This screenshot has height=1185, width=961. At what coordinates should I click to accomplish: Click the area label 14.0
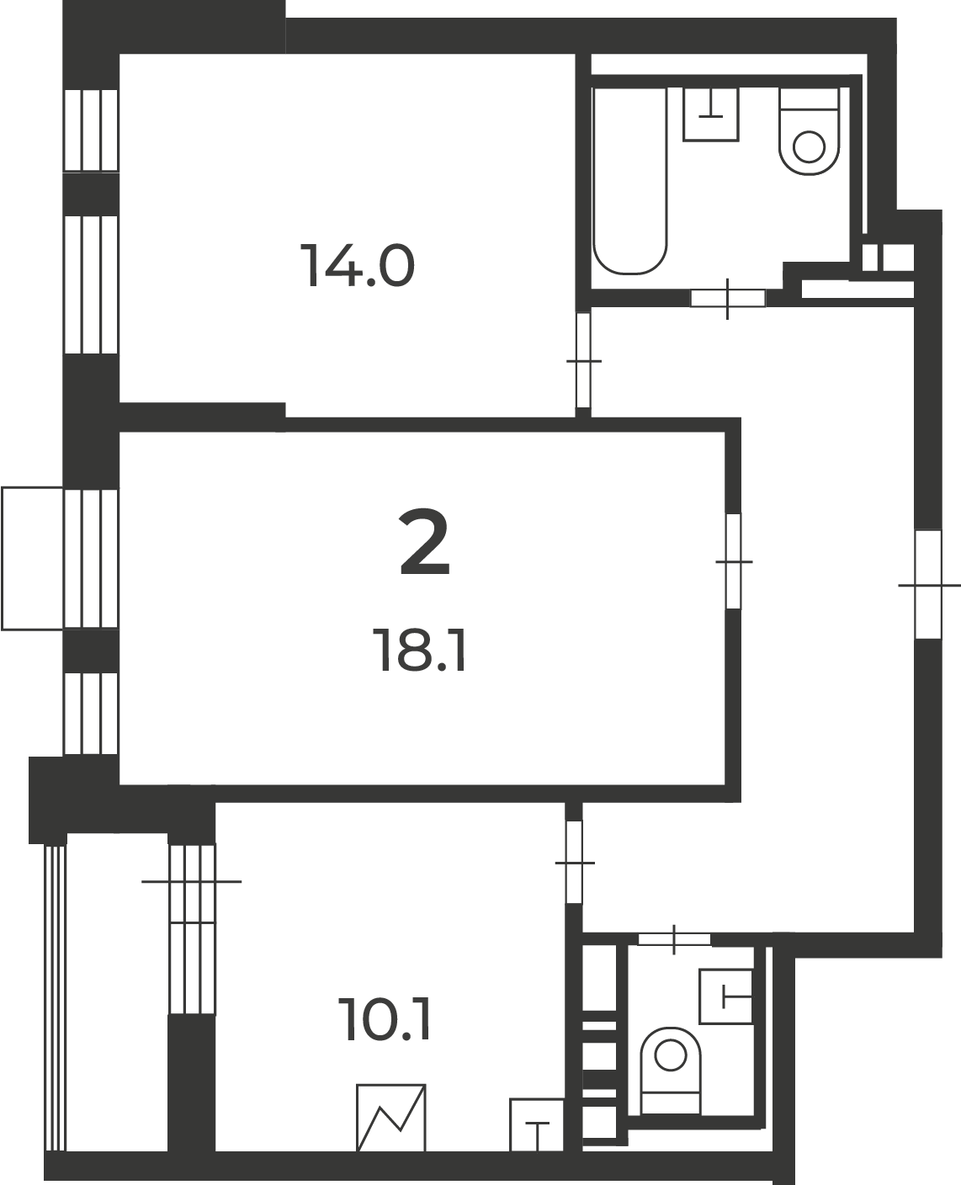click(357, 266)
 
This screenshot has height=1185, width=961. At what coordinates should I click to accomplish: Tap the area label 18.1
click(421, 651)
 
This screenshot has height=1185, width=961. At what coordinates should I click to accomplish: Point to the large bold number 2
click(424, 542)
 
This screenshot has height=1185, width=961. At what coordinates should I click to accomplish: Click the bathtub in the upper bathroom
click(630, 181)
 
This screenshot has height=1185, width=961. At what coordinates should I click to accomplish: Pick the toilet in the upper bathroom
click(809, 132)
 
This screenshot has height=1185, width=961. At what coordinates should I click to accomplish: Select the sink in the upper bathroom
click(710, 114)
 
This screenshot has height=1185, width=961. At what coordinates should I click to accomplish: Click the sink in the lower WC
click(725, 996)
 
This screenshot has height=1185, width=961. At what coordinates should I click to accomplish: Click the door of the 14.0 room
click(583, 360)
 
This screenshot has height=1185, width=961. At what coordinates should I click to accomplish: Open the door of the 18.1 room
click(734, 561)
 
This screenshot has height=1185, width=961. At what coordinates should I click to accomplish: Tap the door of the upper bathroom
click(727, 298)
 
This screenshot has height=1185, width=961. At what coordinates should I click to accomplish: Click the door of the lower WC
click(674, 939)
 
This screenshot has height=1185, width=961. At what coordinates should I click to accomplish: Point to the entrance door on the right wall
click(928, 585)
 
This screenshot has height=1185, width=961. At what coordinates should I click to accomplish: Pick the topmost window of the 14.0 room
click(91, 130)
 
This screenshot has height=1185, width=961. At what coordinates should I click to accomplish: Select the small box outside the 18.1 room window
click(32, 559)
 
